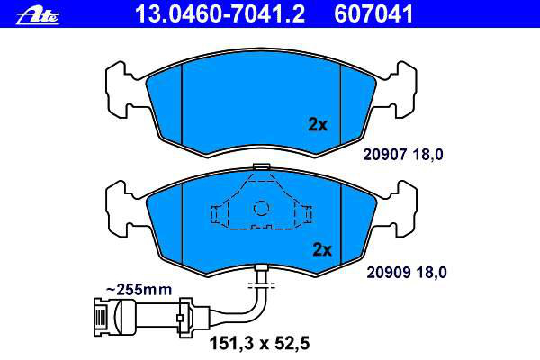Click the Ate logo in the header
click(38, 16)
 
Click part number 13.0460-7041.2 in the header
click(220, 14)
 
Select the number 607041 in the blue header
click(373, 14)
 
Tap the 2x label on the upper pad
click(318, 124)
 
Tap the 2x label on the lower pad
click(322, 249)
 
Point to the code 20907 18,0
click(403, 154)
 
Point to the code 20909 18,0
click(407, 273)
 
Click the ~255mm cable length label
click(139, 290)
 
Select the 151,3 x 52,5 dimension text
click(260, 343)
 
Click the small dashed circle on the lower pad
click(261, 208)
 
